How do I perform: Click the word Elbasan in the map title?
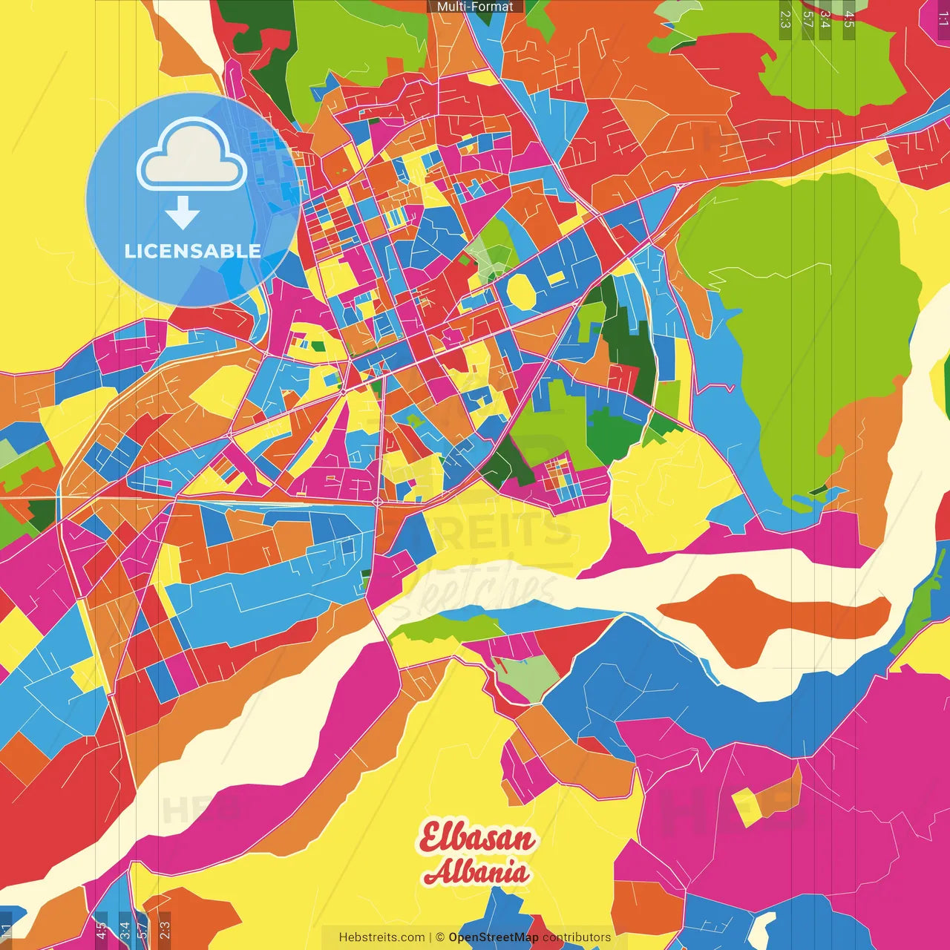(x=476, y=838)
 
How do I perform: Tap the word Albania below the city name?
(x=476, y=873)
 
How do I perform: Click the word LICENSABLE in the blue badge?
(x=193, y=251)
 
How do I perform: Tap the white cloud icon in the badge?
(x=192, y=157)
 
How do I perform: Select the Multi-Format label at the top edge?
(x=475, y=7)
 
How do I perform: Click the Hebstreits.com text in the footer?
(x=381, y=937)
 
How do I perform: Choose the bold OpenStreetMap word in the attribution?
(x=494, y=937)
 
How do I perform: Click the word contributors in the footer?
(x=577, y=937)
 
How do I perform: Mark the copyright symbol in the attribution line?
(x=439, y=937)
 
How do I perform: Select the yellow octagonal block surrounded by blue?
(x=521, y=292)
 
